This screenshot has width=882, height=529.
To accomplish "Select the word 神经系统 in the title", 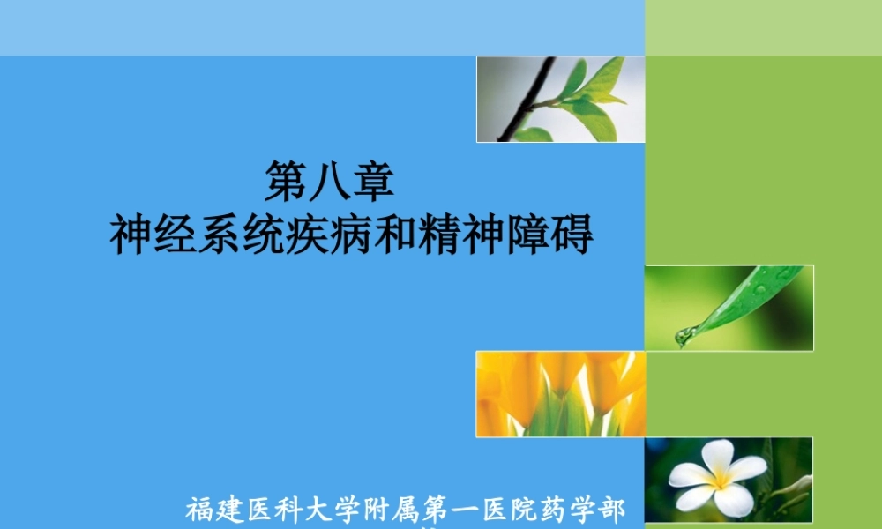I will tap(196, 236).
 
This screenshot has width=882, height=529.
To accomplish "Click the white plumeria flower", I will tap(716, 477).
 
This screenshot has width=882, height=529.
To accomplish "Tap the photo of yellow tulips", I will tap(561, 393).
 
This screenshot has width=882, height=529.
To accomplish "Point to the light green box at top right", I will tap(764, 27).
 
